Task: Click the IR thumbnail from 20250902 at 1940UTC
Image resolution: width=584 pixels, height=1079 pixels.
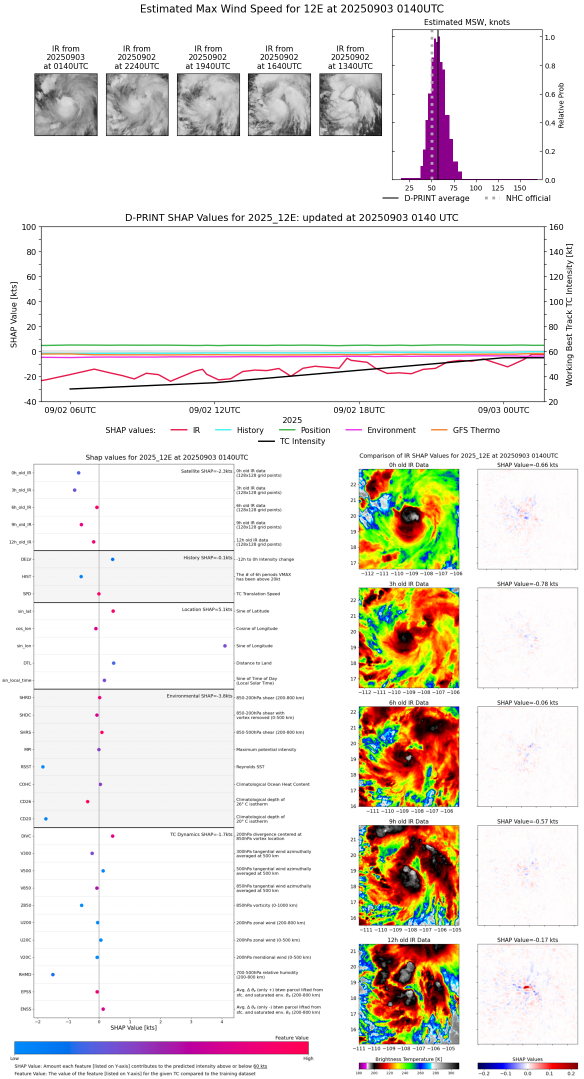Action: click(208, 104)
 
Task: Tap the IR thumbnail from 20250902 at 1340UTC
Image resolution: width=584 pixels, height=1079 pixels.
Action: click(350, 104)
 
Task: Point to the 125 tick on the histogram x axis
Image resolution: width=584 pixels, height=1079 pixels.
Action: click(498, 188)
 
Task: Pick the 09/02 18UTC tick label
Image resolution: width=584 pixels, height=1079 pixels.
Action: click(359, 410)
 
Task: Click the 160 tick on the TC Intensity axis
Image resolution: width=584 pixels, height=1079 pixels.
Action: click(556, 227)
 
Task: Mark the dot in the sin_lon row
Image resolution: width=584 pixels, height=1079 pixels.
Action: click(225, 646)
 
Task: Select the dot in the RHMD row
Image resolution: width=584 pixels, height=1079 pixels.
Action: click(53, 974)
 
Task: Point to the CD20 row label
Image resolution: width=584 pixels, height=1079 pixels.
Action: click(25, 819)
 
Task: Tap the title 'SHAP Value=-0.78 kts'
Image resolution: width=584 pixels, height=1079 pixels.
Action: click(527, 584)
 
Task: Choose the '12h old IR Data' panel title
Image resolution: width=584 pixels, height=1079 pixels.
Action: click(408, 940)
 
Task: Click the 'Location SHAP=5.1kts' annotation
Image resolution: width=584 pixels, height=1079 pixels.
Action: click(207, 609)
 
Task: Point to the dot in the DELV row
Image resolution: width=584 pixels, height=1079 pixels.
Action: click(112, 559)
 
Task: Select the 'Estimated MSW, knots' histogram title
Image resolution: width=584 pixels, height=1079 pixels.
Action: click(466, 22)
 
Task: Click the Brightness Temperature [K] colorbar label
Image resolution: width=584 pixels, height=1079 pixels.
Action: click(408, 1059)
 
